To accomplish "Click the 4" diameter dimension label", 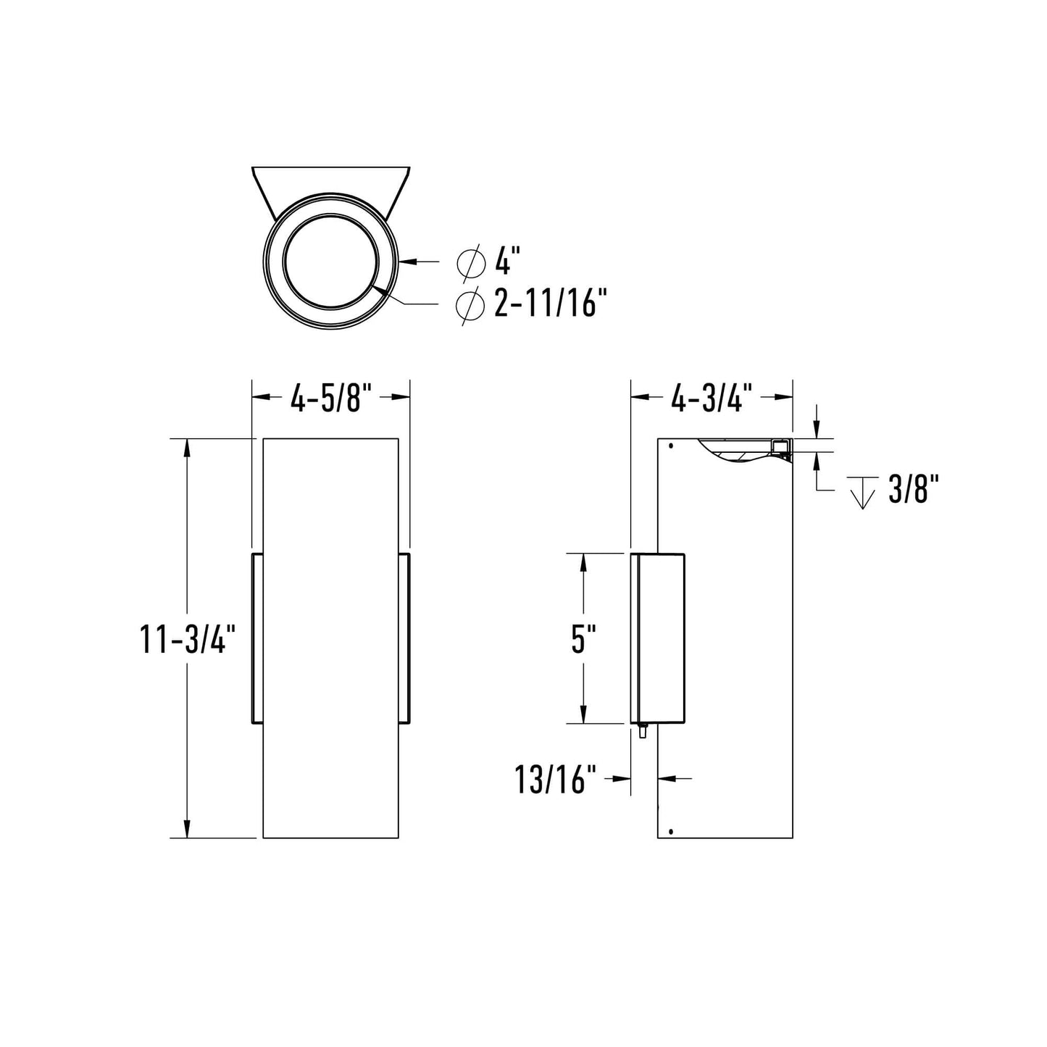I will (x=508, y=261).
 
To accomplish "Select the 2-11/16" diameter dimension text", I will (x=549, y=304).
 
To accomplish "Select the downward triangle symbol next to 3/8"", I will (x=862, y=493).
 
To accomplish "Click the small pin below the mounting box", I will (x=642, y=731).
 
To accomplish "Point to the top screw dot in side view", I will (x=671, y=446).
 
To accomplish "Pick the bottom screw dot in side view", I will (x=671, y=831).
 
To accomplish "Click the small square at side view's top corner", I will (x=780, y=446).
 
